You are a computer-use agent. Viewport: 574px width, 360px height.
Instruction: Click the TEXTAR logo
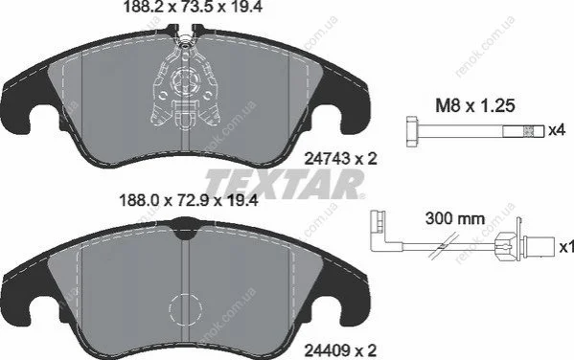click(x=285, y=184)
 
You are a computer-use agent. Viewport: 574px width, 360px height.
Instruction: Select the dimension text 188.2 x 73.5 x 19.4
click(x=193, y=7)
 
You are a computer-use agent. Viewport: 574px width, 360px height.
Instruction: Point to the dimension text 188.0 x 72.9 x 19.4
click(x=189, y=200)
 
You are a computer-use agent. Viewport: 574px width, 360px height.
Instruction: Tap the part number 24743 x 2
click(x=341, y=159)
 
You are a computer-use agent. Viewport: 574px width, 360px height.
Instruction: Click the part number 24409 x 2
click(x=341, y=350)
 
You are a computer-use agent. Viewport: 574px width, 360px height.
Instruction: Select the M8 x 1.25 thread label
click(x=475, y=105)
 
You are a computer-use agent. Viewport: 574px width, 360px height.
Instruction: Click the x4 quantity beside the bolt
click(x=557, y=130)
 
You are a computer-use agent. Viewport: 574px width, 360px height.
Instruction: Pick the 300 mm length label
click(x=455, y=219)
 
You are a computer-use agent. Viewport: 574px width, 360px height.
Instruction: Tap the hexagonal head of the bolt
click(x=413, y=131)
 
